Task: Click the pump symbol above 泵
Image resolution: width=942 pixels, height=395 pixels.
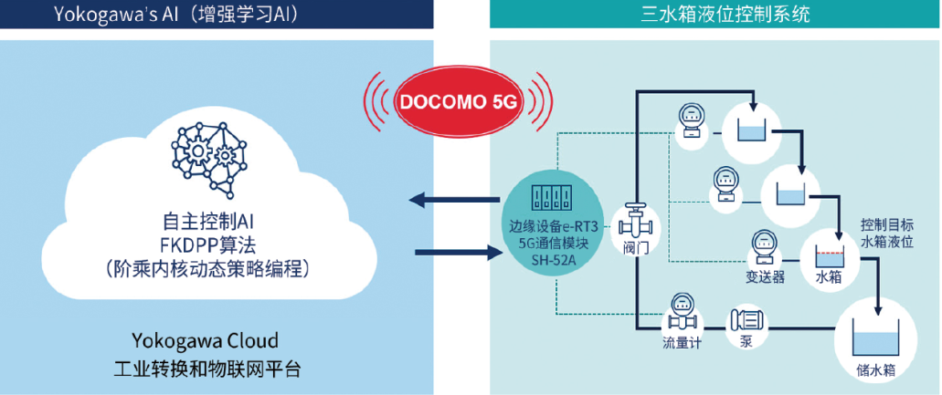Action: [x=746, y=321]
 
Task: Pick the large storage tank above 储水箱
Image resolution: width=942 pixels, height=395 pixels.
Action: [x=873, y=337]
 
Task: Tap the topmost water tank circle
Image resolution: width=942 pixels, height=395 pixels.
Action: [x=753, y=129]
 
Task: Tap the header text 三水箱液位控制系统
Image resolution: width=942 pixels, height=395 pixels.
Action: [x=714, y=14]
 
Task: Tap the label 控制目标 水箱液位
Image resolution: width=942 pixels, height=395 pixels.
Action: [x=886, y=233]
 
